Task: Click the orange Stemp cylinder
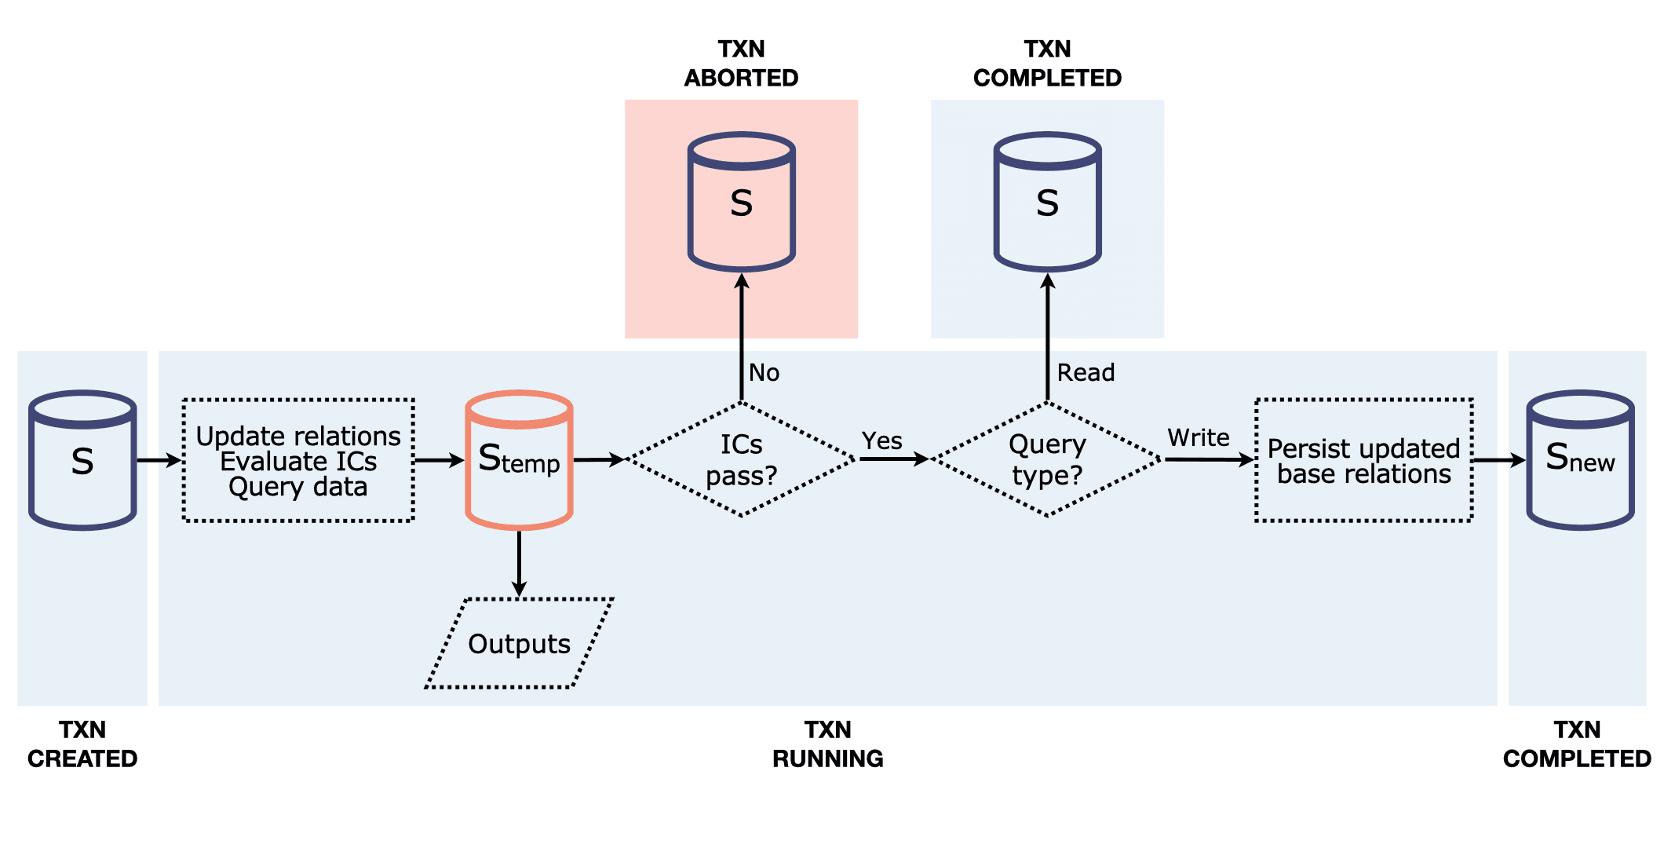[x=519, y=460]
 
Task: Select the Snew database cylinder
[x=1579, y=460]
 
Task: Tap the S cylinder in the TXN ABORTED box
[x=741, y=202]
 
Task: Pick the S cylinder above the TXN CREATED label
[x=82, y=460]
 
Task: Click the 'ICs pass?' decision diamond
[x=741, y=460]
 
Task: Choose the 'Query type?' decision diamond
[x=1047, y=460]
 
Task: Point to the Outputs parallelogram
[x=519, y=644]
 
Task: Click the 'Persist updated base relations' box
[x=1363, y=460]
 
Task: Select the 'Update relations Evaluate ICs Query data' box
[x=298, y=460]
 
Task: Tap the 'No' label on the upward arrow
[x=764, y=372]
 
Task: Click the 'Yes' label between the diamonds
[x=881, y=440]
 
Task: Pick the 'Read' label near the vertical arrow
[x=1086, y=372]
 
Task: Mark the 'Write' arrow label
[x=1198, y=437]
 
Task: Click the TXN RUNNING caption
[x=827, y=744]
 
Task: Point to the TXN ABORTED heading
[x=741, y=64]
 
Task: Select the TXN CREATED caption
[x=82, y=744]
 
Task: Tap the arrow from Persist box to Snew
[x=1498, y=460]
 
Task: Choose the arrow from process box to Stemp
[x=439, y=460]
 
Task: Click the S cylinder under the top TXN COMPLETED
[x=1047, y=202]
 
